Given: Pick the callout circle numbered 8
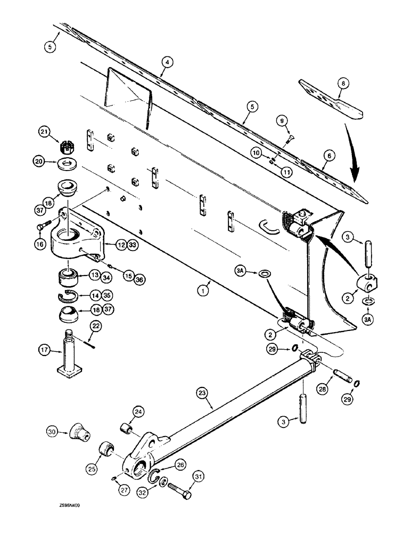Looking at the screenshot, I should pyautogui.click(x=343, y=83).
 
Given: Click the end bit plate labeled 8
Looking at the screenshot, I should pyautogui.click(x=330, y=99).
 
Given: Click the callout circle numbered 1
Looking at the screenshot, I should pyautogui.click(x=201, y=292).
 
